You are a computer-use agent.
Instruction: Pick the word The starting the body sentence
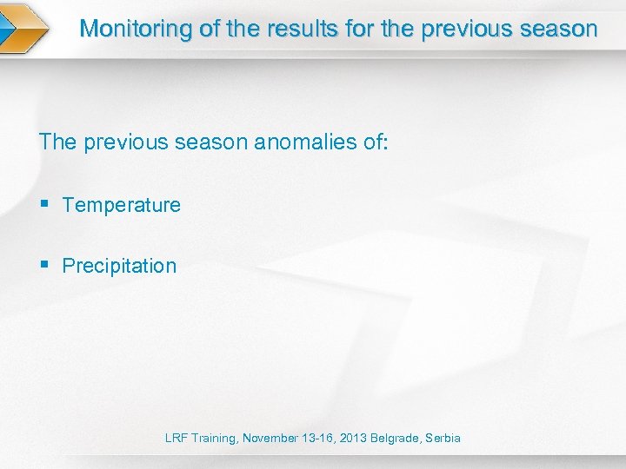(58, 142)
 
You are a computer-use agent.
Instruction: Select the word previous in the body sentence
(123, 142)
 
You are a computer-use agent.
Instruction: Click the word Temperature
(122, 206)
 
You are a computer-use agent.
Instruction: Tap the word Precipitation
(119, 267)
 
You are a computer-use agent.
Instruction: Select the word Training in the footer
(214, 439)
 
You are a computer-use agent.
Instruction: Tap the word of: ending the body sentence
(372, 142)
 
